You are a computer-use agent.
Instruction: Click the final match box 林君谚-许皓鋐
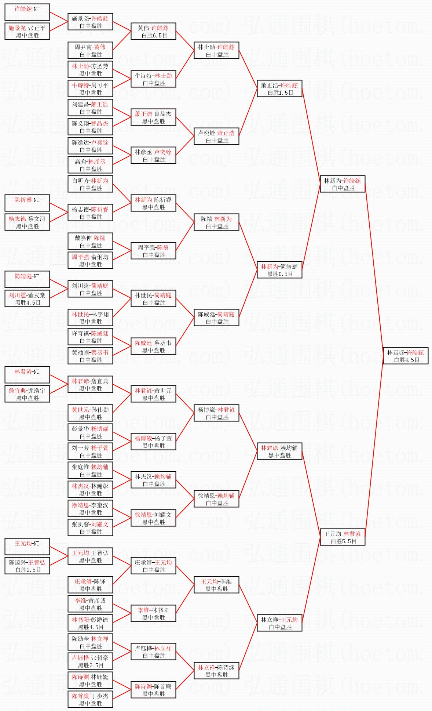click(406, 356)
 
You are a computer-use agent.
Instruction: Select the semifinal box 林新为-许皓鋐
click(343, 184)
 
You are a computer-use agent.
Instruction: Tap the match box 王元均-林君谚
click(343, 537)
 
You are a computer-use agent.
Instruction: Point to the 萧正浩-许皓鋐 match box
click(279, 88)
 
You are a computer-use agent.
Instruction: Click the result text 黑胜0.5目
click(280, 274)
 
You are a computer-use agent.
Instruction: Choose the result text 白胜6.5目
click(154, 35)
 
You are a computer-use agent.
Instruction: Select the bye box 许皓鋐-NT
click(27, 12)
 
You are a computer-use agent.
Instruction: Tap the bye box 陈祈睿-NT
click(27, 203)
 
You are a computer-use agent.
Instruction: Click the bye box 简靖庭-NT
click(27, 279)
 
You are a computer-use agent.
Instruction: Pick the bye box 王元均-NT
click(27, 547)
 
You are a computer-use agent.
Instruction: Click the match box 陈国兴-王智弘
click(27, 566)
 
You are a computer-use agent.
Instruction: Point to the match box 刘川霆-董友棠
click(27, 298)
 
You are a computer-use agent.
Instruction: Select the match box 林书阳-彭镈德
click(90, 623)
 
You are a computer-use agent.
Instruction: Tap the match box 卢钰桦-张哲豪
click(90, 661)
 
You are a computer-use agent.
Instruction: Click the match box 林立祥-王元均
click(279, 623)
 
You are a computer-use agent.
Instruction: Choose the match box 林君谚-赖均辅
click(279, 451)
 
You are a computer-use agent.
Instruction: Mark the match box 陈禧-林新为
click(216, 222)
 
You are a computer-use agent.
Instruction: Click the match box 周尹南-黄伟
click(90, 50)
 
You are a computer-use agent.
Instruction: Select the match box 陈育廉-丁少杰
click(90, 699)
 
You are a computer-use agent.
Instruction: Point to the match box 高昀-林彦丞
click(90, 165)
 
